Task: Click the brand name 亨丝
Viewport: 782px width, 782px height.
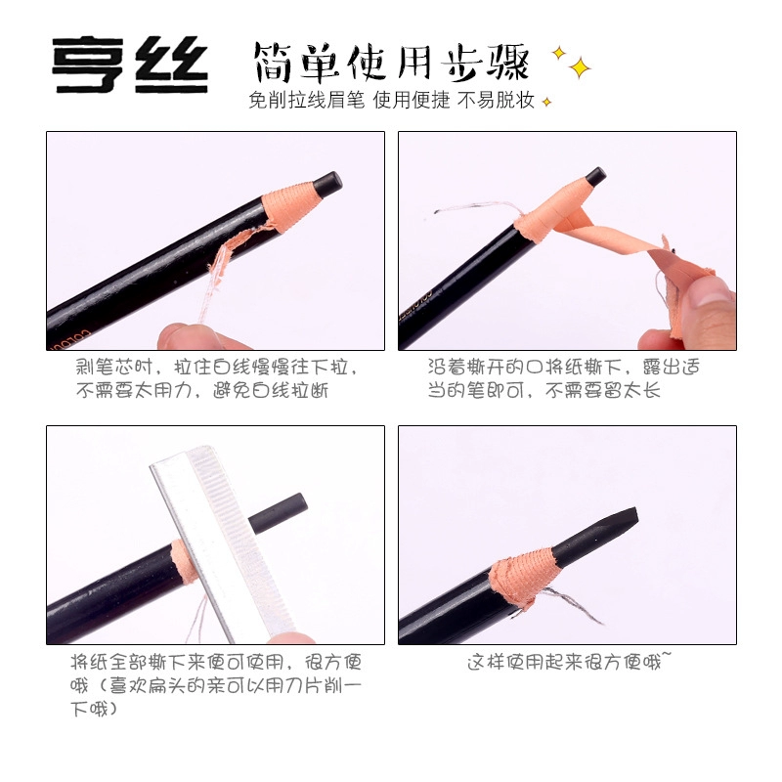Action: tap(131, 65)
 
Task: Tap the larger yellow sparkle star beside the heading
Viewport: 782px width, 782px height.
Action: tap(581, 67)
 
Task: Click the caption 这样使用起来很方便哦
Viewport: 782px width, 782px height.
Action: tap(567, 663)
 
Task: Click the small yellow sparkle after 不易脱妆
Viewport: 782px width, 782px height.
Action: tap(547, 102)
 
